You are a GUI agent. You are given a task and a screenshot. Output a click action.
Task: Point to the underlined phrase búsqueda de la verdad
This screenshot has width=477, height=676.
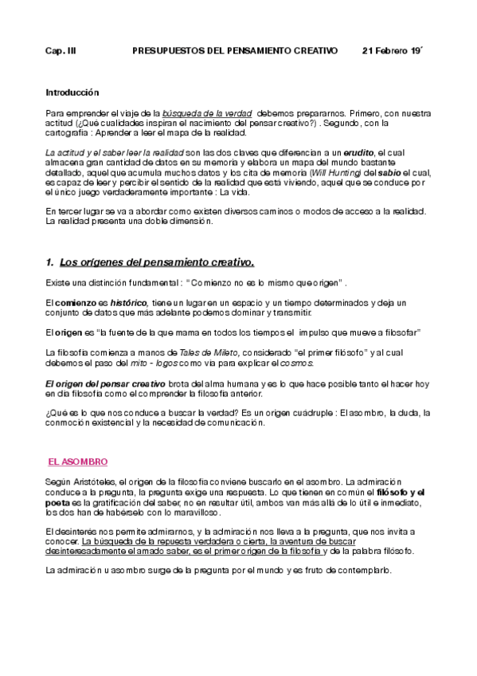pyautogui.click(x=208, y=113)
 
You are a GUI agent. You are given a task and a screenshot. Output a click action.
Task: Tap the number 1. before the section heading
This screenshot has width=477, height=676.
pyautogui.click(x=49, y=261)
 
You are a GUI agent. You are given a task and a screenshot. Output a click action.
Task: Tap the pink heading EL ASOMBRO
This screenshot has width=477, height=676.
pyautogui.click(x=78, y=462)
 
